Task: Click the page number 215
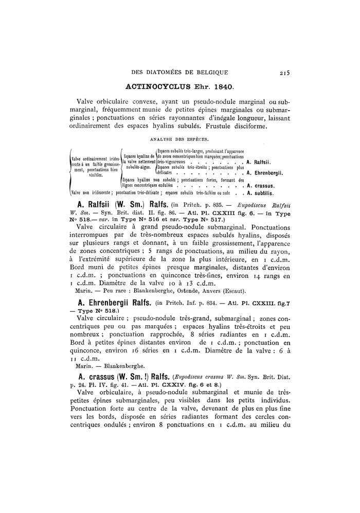[x=282, y=73]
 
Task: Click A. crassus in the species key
[x=262, y=185]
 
